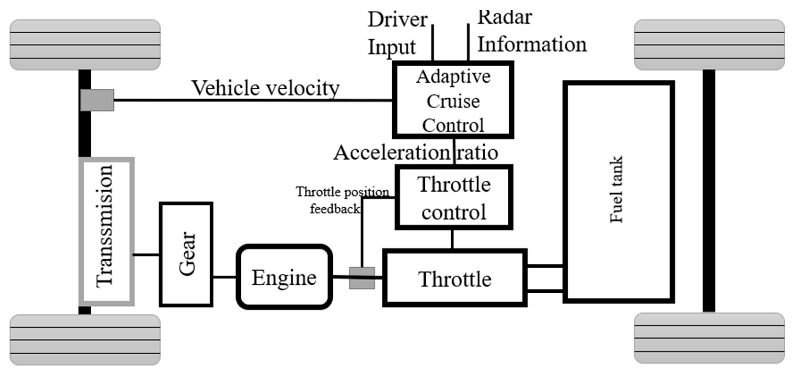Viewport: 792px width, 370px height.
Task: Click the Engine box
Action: [x=284, y=277]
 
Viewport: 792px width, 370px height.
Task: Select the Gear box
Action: [x=186, y=254]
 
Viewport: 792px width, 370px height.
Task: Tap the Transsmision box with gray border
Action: [x=106, y=231]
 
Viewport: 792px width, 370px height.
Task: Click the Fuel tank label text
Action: [x=616, y=189]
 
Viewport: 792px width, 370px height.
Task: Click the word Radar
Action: [x=504, y=17]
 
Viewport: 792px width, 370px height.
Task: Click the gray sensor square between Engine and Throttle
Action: [x=362, y=278]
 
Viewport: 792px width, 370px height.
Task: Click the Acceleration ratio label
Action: [x=415, y=152]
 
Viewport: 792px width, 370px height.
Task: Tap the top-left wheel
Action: [x=85, y=45]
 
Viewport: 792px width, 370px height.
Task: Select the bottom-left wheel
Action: [x=85, y=340]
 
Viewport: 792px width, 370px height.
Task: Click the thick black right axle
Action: [x=709, y=191]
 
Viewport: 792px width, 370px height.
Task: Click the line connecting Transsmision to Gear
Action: [x=146, y=255]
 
